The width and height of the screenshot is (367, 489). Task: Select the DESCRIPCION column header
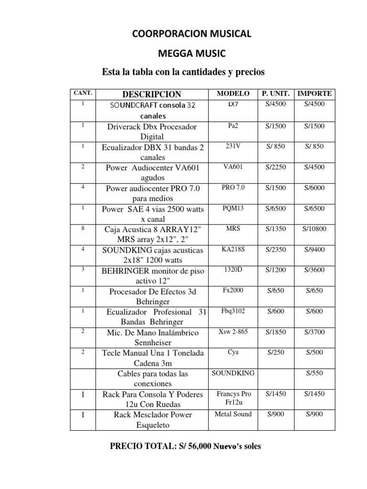tap(152, 94)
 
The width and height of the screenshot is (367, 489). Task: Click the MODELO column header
tap(233, 93)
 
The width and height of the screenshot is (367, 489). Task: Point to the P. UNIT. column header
tap(276, 93)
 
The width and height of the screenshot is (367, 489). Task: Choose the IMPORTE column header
tap(314, 93)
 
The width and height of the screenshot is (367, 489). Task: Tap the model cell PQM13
tap(233, 208)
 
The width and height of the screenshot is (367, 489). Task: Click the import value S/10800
tap(314, 229)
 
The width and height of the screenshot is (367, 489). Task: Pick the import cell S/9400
tap(314, 249)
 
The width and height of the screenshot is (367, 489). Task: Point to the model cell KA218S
tap(233, 249)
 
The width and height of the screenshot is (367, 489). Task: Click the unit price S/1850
tap(276, 331)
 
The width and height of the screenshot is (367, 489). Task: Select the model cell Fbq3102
tap(233, 311)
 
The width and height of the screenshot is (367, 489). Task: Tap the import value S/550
tap(314, 372)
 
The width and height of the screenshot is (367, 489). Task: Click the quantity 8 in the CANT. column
tap(83, 228)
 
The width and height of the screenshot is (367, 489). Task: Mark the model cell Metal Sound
tap(233, 414)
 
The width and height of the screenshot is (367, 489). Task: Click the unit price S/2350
tap(276, 249)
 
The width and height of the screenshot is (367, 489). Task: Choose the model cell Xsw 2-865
tap(233, 331)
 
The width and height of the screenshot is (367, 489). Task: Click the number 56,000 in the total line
tap(194, 446)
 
